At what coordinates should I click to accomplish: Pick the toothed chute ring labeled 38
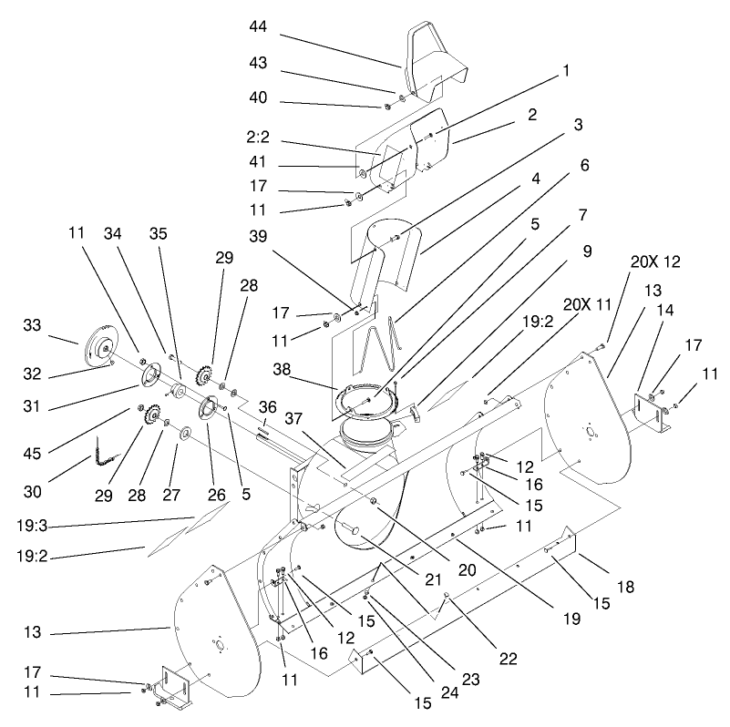(368, 402)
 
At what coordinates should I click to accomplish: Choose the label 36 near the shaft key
(267, 406)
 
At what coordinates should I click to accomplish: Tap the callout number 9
(587, 249)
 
